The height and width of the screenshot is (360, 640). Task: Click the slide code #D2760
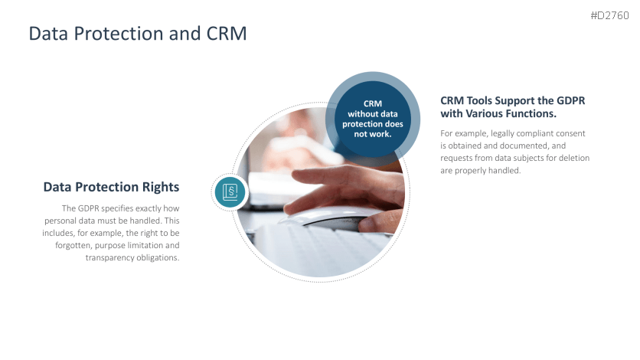tap(609, 15)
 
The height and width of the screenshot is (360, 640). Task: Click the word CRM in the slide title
tap(227, 34)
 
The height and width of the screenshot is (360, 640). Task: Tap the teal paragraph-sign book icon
tap(230, 191)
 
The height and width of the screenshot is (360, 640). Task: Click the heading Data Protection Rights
tap(112, 187)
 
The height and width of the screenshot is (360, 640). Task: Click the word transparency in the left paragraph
tap(108, 258)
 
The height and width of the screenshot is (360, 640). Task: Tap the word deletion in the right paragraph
tap(574, 158)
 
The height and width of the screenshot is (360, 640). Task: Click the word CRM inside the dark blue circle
tap(373, 103)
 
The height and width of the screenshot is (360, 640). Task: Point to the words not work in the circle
tap(373, 134)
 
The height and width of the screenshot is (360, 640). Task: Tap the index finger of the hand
tap(322, 176)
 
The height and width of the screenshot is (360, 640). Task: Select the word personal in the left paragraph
tap(59, 221)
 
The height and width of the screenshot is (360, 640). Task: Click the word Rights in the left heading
tap(161, 187)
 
